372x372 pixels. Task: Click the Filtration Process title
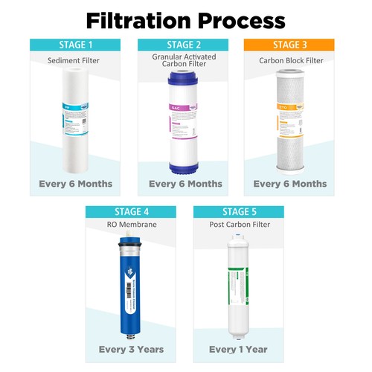[x=185, y=19]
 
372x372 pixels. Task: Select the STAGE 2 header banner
[x=185, y=44]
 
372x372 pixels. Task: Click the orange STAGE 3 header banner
[x=289, y=44]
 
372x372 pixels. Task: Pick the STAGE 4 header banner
[x=132, y=211]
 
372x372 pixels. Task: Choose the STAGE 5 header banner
[x=237, y=211]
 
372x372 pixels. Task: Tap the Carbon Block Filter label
[x=289, y=60]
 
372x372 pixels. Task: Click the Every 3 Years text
[x=132, y=349]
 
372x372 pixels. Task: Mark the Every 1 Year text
[x=237, y=349]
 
